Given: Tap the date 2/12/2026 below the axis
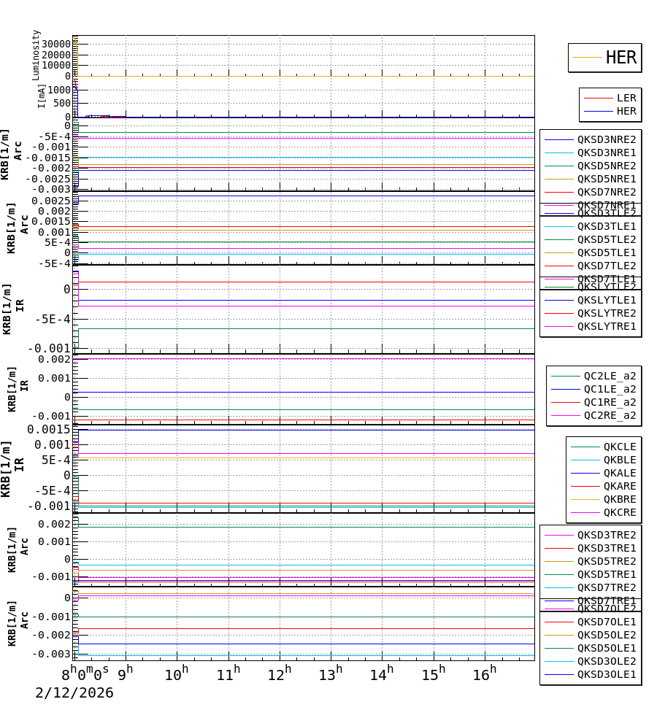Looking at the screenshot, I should (74, 693).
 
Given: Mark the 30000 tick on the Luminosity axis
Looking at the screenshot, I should (56, 44).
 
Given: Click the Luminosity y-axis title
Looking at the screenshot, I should (36, 55).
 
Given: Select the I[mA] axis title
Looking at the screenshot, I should (42, 95).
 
